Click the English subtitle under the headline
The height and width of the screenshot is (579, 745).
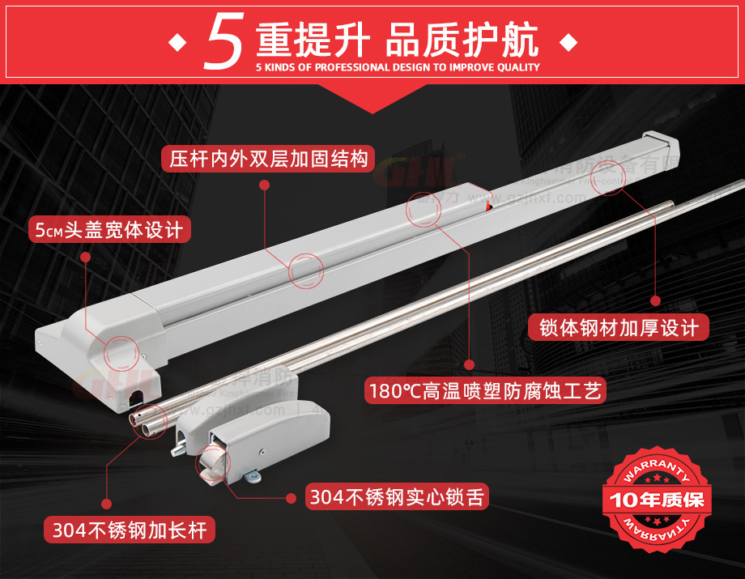[397, 68]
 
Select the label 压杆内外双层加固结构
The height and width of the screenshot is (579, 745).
[268, 157]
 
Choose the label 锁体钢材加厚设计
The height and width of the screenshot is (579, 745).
[618, 328]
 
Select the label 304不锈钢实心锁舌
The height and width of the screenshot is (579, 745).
[397, 496]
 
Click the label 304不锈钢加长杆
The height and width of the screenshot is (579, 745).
[130, 530]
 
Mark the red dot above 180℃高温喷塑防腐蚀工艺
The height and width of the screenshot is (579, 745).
[468, 364]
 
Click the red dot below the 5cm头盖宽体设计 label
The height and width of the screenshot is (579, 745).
[85, 256]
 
